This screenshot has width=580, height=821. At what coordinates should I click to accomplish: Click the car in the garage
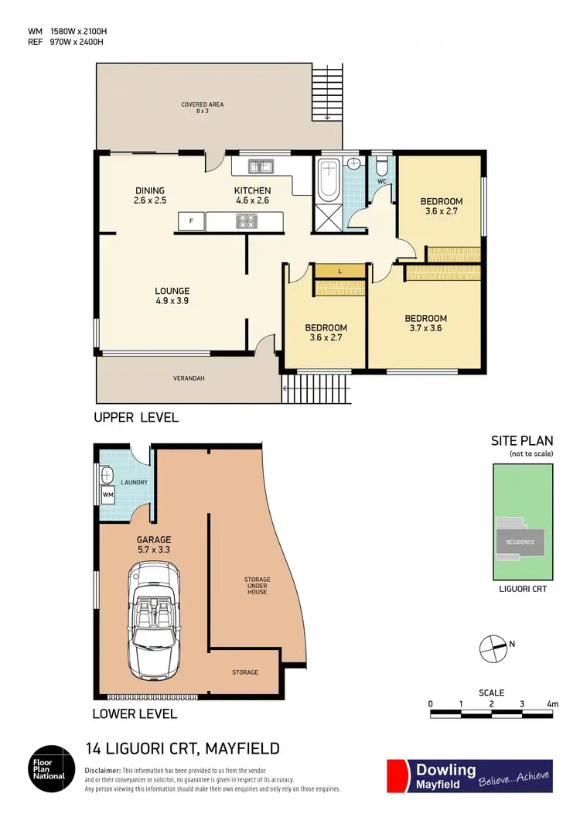156,619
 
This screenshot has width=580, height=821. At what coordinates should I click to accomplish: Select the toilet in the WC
380,167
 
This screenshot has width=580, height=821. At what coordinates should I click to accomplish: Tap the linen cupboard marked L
340,271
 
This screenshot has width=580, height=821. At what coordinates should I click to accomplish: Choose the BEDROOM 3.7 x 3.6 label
425,323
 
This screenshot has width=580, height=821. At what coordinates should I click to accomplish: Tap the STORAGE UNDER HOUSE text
258,585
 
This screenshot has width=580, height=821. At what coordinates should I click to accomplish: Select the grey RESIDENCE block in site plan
520,542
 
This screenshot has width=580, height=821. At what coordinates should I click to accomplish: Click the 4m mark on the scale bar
552,704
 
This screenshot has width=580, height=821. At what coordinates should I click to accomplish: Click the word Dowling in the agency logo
446,769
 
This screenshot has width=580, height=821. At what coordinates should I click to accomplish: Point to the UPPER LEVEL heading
136,418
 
